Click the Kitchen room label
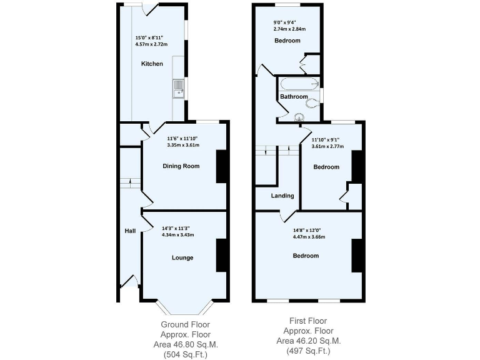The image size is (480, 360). pos(152,64)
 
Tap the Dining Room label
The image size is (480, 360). pos(181,166)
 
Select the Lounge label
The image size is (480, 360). pos(182,257)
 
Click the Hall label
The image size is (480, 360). pos(130,231)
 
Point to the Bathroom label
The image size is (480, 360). pos(293,97)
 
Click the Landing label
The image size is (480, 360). pos(282,196)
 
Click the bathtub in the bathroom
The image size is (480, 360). pos(299,84)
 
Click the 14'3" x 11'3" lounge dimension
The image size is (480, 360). pos(178,227)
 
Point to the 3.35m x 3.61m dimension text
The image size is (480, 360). pos(183,145)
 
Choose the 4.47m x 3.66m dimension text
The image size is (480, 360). pos(309,237)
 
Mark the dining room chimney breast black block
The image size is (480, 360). pos(221,166)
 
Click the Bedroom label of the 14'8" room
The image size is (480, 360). pos(306,256)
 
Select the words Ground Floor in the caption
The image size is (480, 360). pos(185,324)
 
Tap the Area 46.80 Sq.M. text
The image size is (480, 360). pos(185,344)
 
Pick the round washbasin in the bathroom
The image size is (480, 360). pos(299,116)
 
